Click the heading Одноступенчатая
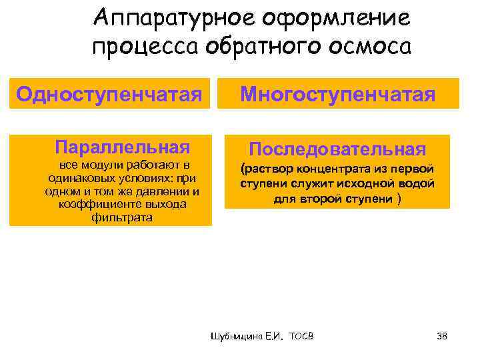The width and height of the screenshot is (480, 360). coord(109,94)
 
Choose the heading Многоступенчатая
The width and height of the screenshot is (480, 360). coord(337,94)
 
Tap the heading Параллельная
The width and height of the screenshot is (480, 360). coord(123,147)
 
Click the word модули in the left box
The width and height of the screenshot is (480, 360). coord(99,165)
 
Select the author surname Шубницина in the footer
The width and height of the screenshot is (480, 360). coord(233,336)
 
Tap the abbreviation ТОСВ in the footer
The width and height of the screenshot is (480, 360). coord(301,336)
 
